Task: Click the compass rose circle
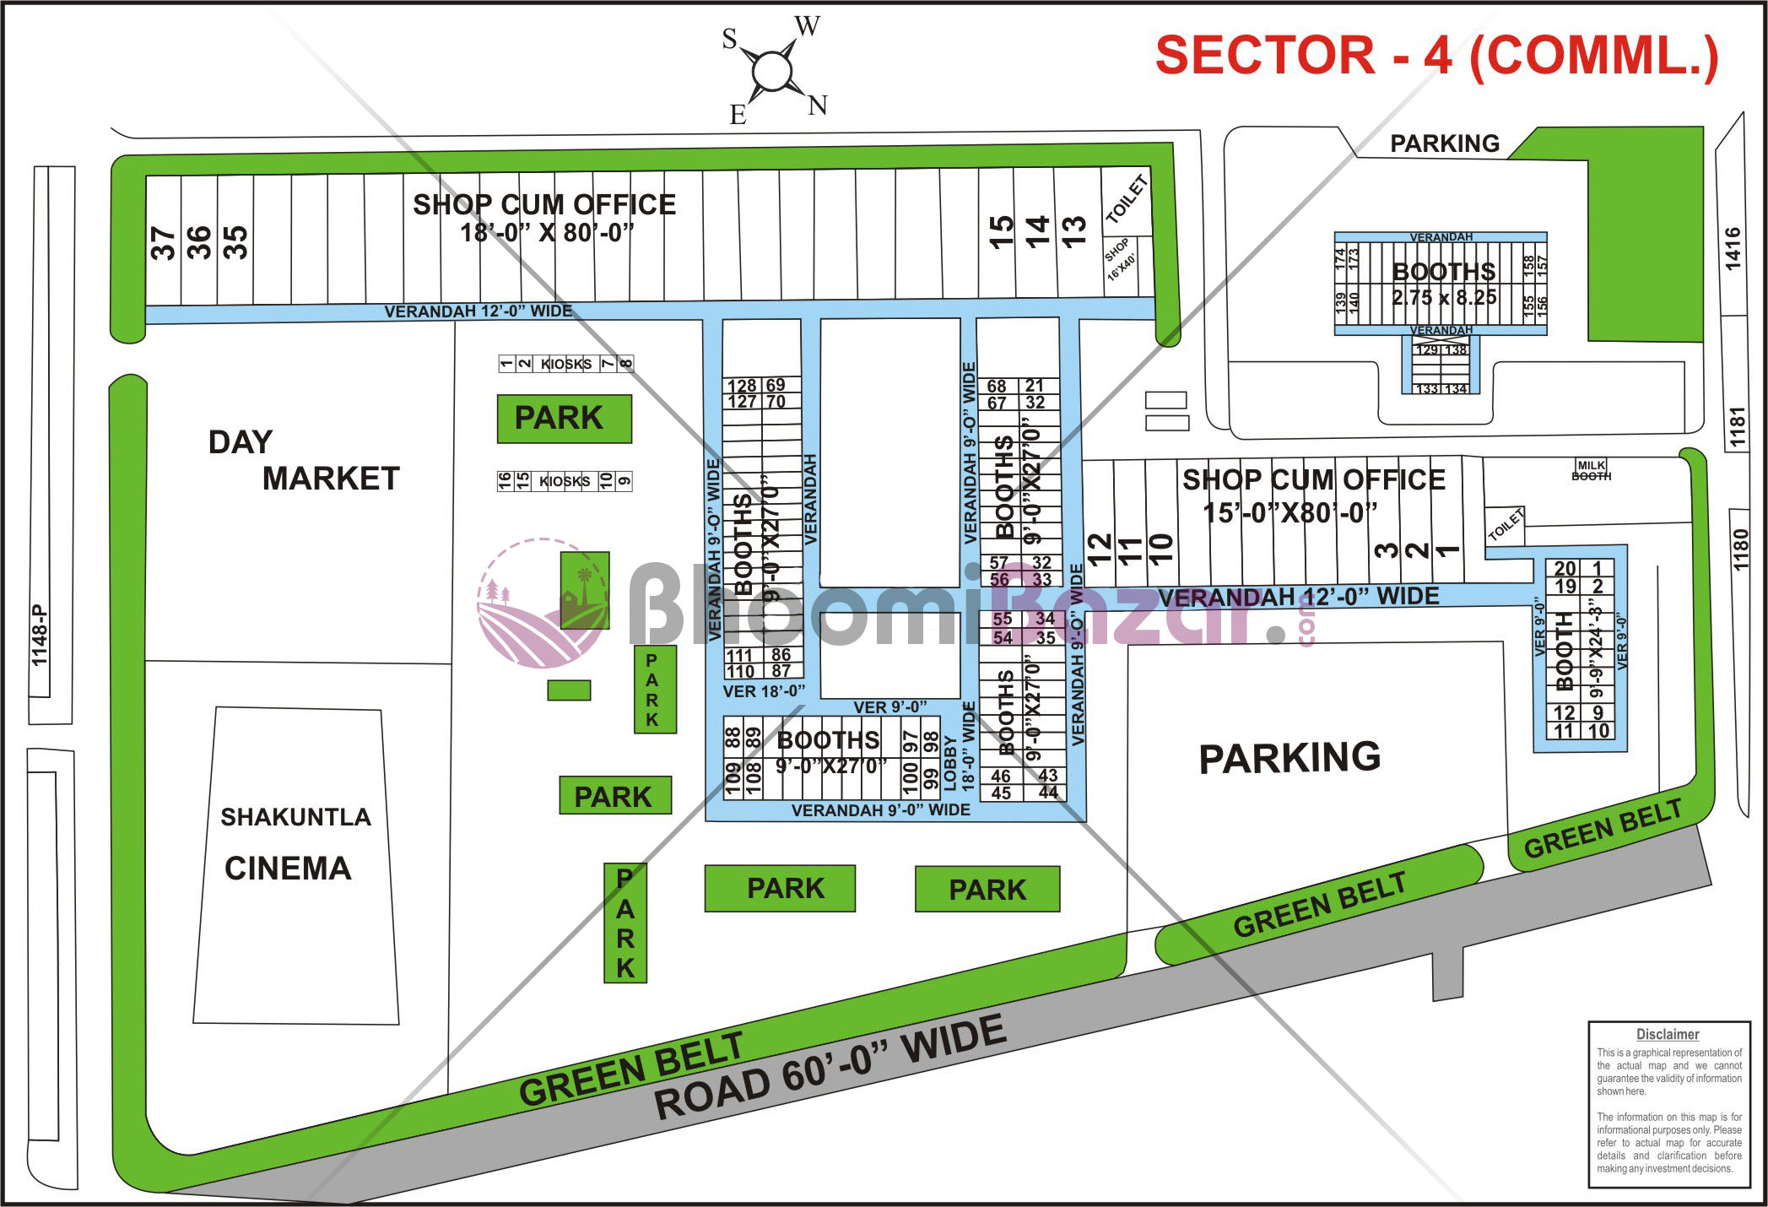771,71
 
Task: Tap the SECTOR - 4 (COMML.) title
1435,56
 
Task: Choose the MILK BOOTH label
1591,470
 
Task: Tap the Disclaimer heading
1667,1034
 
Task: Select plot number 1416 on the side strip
1733,248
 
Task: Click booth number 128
743,386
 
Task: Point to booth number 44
1048,793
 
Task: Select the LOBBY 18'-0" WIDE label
959,747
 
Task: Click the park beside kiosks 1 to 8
564,419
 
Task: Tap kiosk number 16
505,481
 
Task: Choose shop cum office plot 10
1161,552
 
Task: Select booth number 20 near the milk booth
1565,569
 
